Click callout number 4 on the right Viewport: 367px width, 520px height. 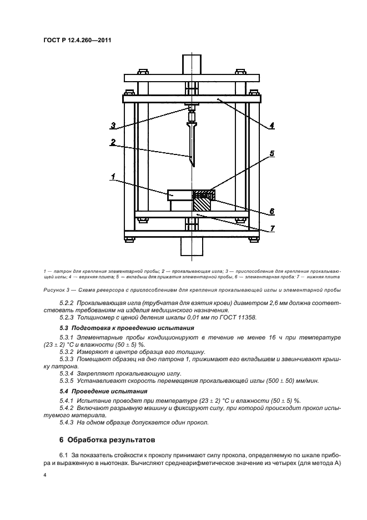[272, 126]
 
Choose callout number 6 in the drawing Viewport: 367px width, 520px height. [272, 211]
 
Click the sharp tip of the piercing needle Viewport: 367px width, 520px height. [192, 166]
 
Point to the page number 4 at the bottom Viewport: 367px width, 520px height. [45, 476]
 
